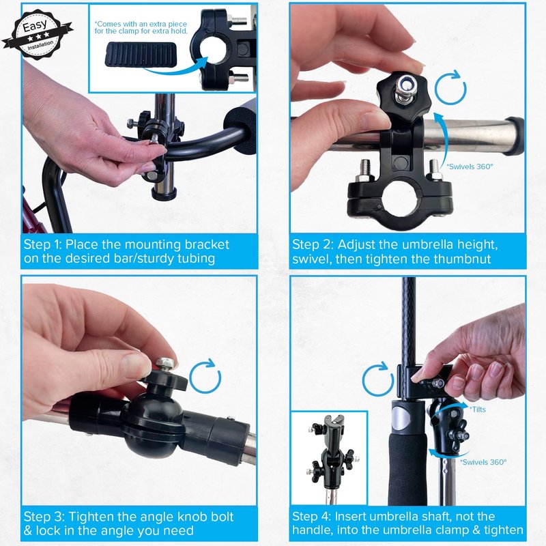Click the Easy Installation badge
click(38, 35)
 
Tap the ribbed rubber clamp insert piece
click(141, 55)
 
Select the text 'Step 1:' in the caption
click(42, 244)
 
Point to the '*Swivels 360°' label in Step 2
click(470, 167)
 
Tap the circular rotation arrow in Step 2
click(450, 87)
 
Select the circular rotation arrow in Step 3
click(205, 376)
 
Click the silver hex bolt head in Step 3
click(166, 364)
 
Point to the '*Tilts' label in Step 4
click(478, 409)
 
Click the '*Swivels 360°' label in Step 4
click(483, 462)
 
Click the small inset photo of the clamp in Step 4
click(329, 458)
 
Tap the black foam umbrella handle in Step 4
click(407, 452)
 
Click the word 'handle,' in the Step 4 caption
click(312, 530)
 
